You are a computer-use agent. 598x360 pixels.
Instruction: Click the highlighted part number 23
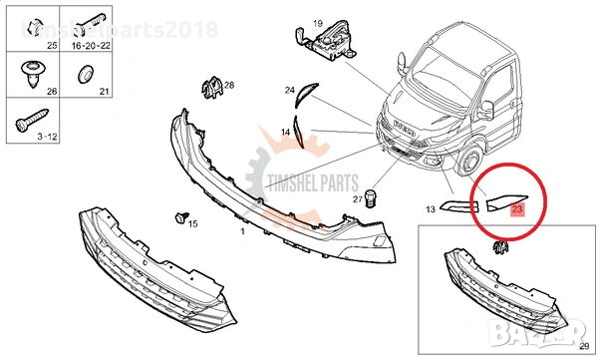click(516, 209)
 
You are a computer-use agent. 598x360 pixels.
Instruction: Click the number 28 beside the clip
click(228, 87)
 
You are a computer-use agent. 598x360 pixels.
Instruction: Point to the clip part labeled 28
click(210, 90)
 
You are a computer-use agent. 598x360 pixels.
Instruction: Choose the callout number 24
click(289, 91)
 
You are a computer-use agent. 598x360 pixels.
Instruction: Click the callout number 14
click(284, 132)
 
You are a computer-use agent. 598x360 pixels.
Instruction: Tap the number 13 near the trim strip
click(431, 209)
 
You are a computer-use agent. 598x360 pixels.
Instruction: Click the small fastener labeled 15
click(181, 215)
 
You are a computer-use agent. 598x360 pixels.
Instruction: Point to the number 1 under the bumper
click(241, 230)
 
